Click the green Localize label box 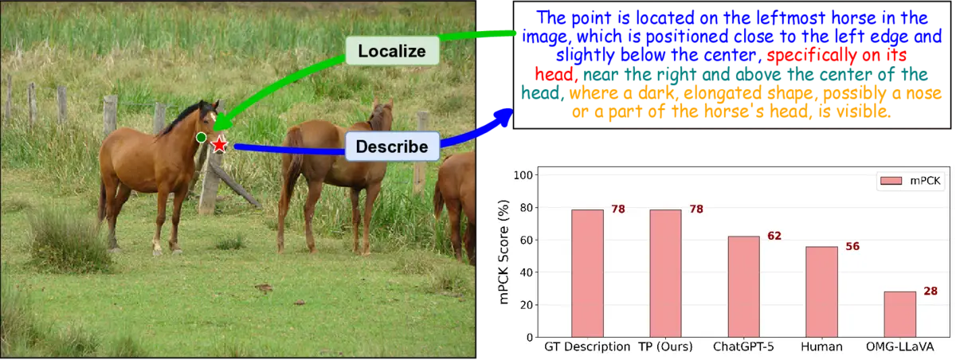pos(393,52)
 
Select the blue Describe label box pos(391,147)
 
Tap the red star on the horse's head pos(219,145)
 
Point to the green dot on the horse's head pos(201,138)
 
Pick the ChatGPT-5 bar pos(743,286)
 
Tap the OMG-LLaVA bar pos(899,314)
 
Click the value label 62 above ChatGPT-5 pos(774,236)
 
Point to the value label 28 pos(930,292)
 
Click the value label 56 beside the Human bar pos(852,246)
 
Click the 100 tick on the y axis pos(524,174)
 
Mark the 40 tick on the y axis pos(527,272)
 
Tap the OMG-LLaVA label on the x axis pos(899,348)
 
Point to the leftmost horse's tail pos(102,199)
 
